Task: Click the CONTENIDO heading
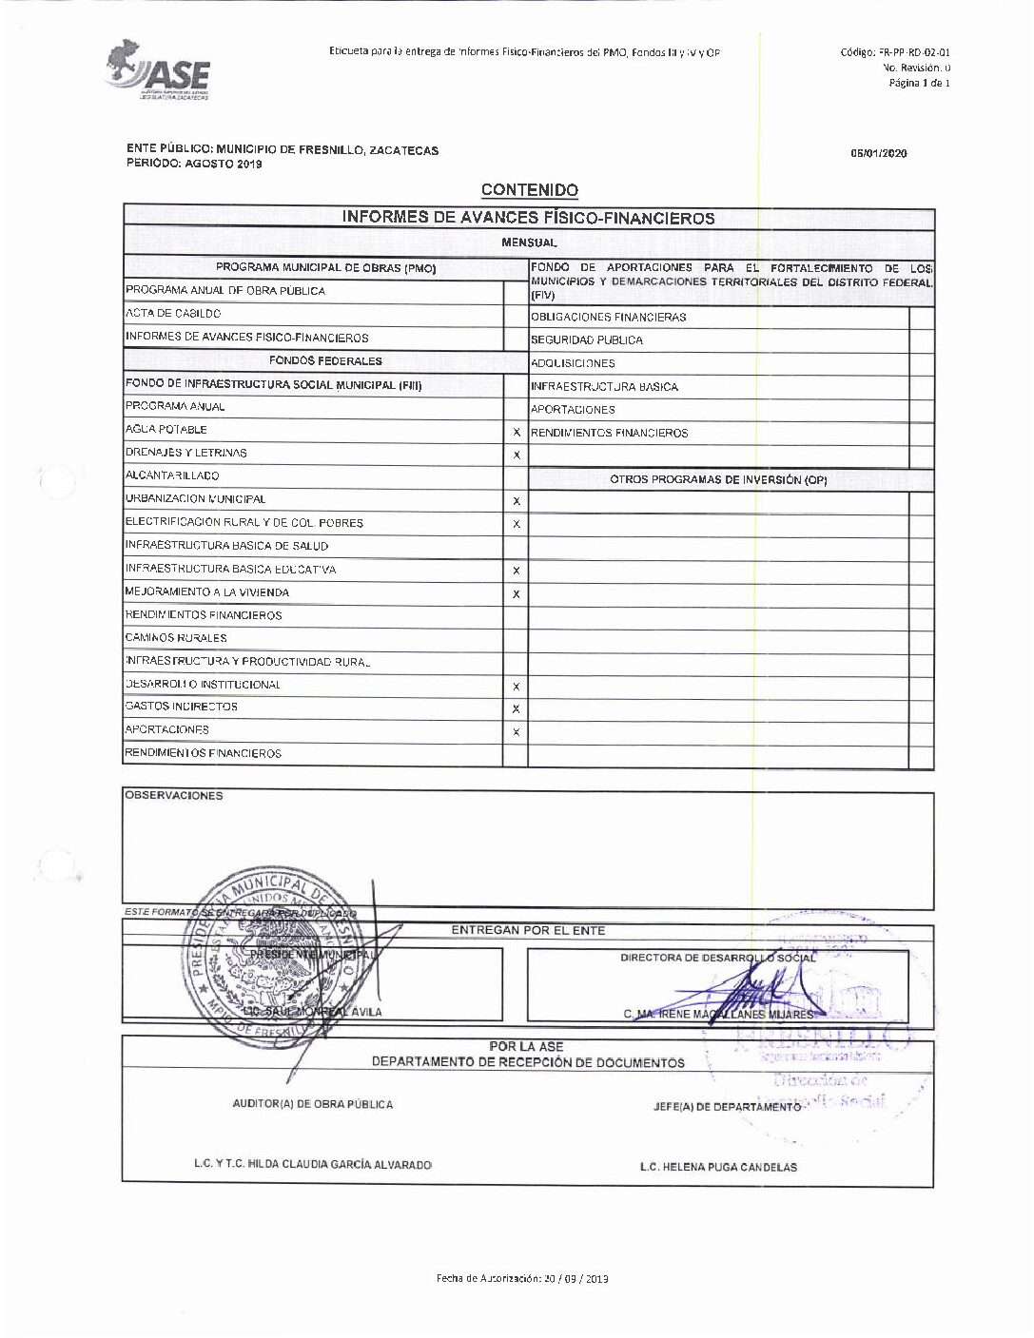pyautogui.click(x=529, y=190)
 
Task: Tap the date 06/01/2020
pyautogui.click(x=878, y=153)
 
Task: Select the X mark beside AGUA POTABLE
pyautogui.click(x=517, y=433)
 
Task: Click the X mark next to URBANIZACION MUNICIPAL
pyautogui.click(x=517, y=501)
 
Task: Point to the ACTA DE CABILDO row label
pyautogui.click(x=173, y=314)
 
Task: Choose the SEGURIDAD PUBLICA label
pyautogui.click(x=587, y=340)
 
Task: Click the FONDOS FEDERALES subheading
pyautogui.click(x=325, y=361)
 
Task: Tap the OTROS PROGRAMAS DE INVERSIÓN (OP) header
pyautogui.click(x=718, y=480)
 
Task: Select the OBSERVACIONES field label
pyautogui.click(x=173, y=796)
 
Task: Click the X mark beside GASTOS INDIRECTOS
pyautogui.click(x=517, y=709)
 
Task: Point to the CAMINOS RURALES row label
pyautogui.click(x=176, y=638)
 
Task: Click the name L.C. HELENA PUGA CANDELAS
pyautogui.click(x=718, y=1167)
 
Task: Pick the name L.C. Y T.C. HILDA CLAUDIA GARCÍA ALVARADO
pyautogui.click(x=312, y=1165)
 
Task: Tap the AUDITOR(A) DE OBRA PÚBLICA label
pyautogui.click(x=312, y=1104)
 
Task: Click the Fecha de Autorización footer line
pyautogui.click(x=522, y=1278)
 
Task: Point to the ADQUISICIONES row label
pyautogui.click(x=573, y=363)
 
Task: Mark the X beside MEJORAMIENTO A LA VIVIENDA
pyautogui.click(x=517, y=594)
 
